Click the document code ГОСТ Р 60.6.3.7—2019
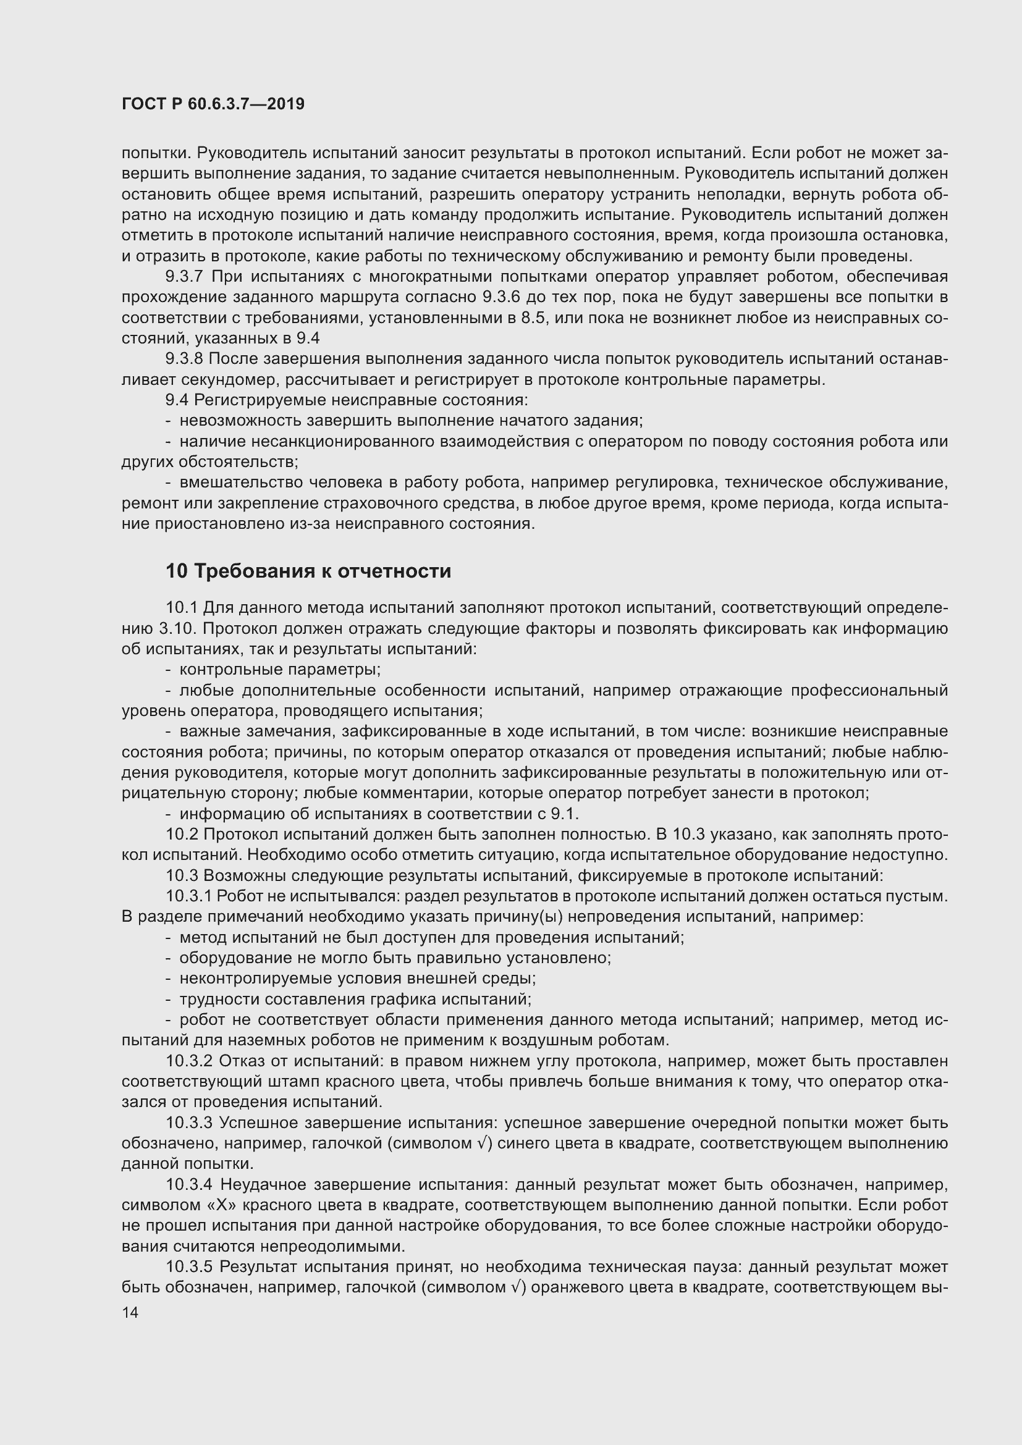[213, 104]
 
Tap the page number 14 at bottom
[130, 1313]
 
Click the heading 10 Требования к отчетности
[308, 571]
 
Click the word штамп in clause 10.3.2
[283, 1082]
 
